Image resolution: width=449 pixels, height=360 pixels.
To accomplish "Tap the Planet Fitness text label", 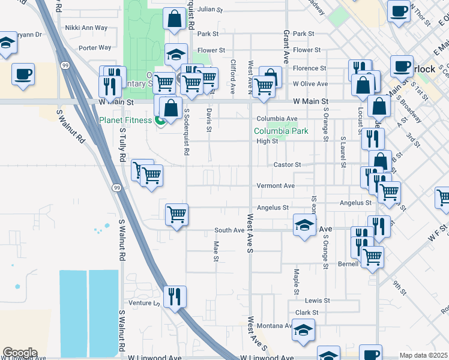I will (x=125, y=120).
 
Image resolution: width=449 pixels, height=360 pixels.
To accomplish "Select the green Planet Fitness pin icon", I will (x=160, y=121).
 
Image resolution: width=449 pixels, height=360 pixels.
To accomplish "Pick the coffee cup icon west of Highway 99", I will (x=23, y=74).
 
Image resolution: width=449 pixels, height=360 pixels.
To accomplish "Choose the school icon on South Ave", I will (x=304, y=226).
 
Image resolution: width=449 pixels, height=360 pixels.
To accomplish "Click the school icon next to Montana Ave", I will (x=304, y=331).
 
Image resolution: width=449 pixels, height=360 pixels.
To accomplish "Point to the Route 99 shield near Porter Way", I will (x=65, y=64).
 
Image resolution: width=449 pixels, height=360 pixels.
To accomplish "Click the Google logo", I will (x=19, y=353).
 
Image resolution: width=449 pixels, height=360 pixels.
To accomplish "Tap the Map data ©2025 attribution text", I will (x=424, y=355).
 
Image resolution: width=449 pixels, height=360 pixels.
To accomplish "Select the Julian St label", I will (x=210, y=10).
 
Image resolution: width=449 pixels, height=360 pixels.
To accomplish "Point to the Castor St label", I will (x=287, y=164).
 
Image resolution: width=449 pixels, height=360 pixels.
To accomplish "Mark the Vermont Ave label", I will (x=276, y=186).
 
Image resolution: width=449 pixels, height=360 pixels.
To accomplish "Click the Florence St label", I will (x=309, y=68).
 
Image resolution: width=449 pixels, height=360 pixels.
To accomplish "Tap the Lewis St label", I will (x=317, y=300).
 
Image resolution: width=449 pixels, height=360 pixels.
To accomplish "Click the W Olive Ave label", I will (x=310, y=84).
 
